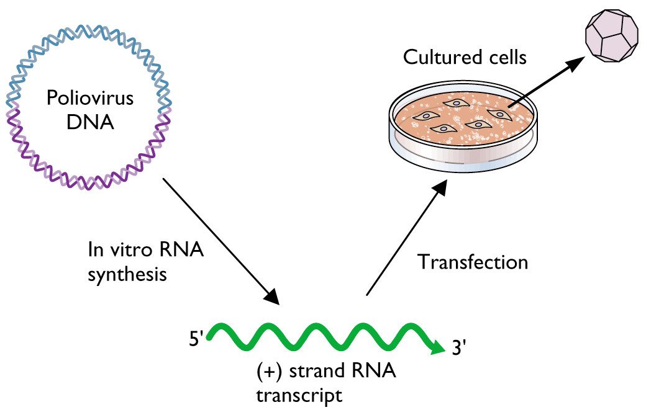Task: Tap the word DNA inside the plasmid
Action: coord(91,122)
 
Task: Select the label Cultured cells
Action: coord(465,58)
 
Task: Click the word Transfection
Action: coord(472,262)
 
